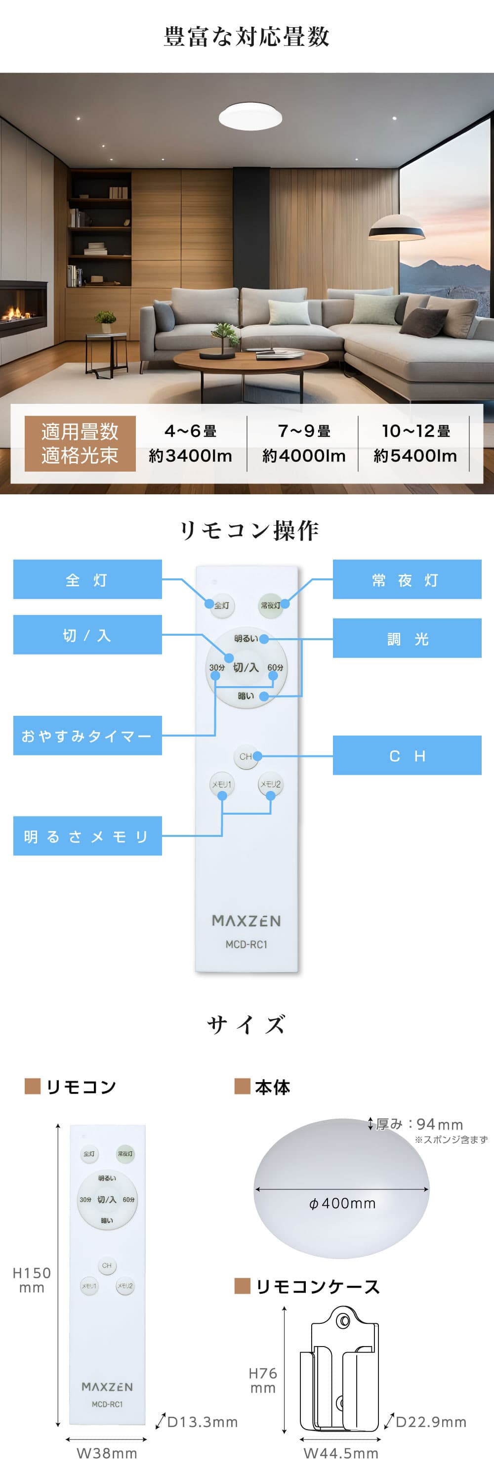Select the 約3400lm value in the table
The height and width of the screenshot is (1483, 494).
click(190, 456)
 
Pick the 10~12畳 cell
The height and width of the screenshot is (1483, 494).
click(416, 431)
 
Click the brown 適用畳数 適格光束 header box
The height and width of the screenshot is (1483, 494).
click(80, 443)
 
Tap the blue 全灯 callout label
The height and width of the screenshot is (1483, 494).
click(87, 580)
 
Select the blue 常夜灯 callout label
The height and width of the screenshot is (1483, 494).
click(407, 580)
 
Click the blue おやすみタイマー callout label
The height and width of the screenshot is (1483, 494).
click(87, 735)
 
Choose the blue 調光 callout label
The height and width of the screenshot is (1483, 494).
click(407, 639)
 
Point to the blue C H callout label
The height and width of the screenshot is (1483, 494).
click(407, 755)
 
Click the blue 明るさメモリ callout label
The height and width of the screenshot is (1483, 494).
click(87, 836)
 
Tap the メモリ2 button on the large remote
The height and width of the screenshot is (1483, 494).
click(270, 784)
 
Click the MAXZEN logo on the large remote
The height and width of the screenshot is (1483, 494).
click(246, 920)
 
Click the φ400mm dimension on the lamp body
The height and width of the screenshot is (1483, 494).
click(342, 1204)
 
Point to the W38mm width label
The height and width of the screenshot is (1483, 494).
click(107, 1454)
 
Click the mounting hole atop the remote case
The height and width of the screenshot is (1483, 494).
click(343, 1320)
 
